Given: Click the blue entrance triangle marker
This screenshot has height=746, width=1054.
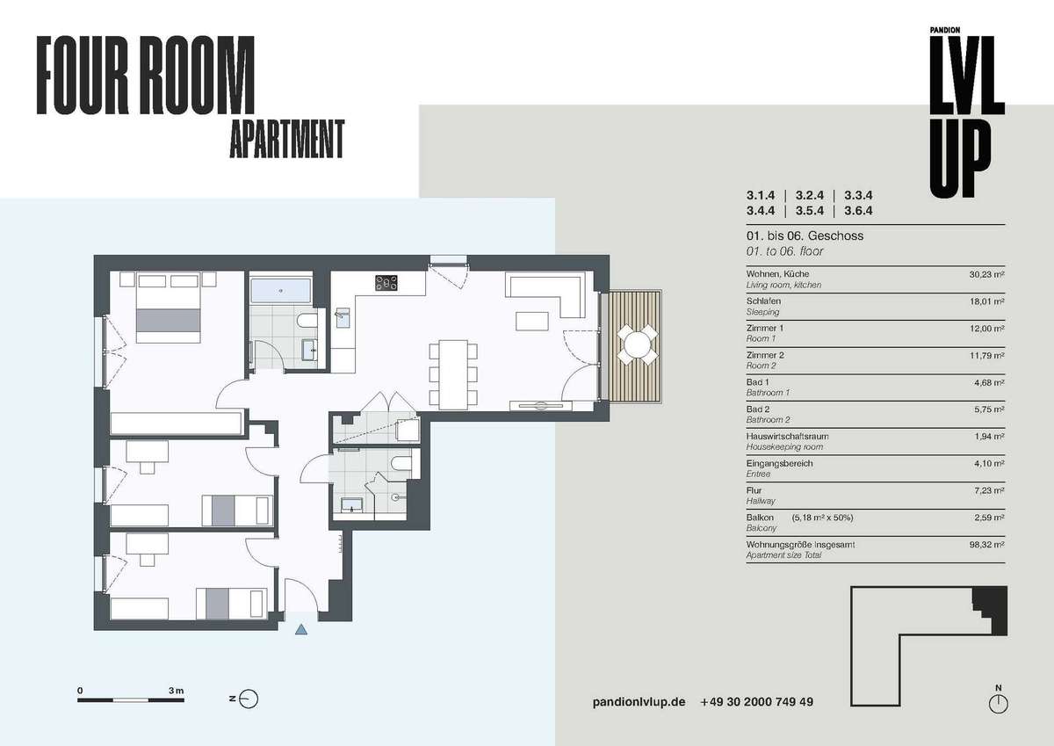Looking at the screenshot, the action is [301, 629].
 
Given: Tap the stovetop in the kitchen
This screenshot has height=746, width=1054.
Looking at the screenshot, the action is [386, 283].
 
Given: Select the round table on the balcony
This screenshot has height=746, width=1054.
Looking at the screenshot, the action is [637, 344].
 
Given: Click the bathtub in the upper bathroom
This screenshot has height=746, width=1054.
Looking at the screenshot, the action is [280, 291].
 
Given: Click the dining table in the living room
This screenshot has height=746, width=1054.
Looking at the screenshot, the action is [453, 374].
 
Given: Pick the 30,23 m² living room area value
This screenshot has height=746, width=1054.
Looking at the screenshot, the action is [986, 274].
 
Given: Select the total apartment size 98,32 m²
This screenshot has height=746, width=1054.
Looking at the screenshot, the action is [986, 545].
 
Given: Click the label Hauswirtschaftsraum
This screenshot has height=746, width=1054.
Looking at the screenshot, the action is [787, 437].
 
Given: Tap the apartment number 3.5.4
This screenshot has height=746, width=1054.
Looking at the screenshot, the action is [810, 210].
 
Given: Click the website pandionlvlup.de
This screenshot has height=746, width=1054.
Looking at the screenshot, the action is [639, 702].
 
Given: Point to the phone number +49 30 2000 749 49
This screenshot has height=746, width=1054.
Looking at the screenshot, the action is [756, 702].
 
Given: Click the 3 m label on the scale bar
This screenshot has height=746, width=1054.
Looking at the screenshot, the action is [177, 691].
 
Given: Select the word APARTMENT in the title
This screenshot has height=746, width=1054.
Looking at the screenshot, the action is [287, 139].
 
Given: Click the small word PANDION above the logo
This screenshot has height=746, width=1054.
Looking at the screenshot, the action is [945, 30].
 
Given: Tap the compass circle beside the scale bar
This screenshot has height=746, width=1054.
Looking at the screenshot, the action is [249, 699].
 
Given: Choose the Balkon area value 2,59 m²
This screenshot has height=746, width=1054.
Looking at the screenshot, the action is [990, 518].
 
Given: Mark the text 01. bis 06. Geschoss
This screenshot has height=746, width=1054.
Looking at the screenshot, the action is [805, 235].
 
